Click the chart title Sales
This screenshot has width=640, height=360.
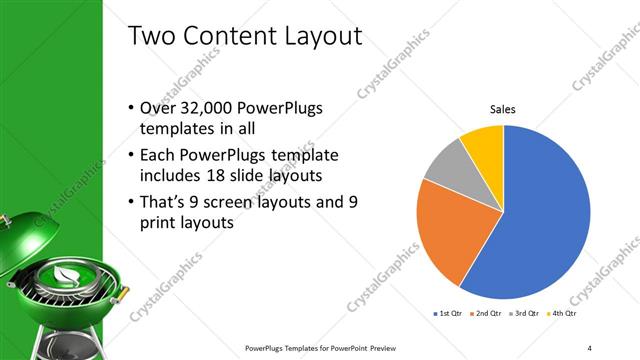point(502,111)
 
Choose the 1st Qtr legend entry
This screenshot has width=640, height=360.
point(446,314)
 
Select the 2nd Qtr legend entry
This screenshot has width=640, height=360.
point(488,314)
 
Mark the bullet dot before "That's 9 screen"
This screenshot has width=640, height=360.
point(134,203)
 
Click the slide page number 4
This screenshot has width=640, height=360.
point(590,347)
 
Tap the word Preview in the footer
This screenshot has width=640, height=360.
point(368,347)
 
